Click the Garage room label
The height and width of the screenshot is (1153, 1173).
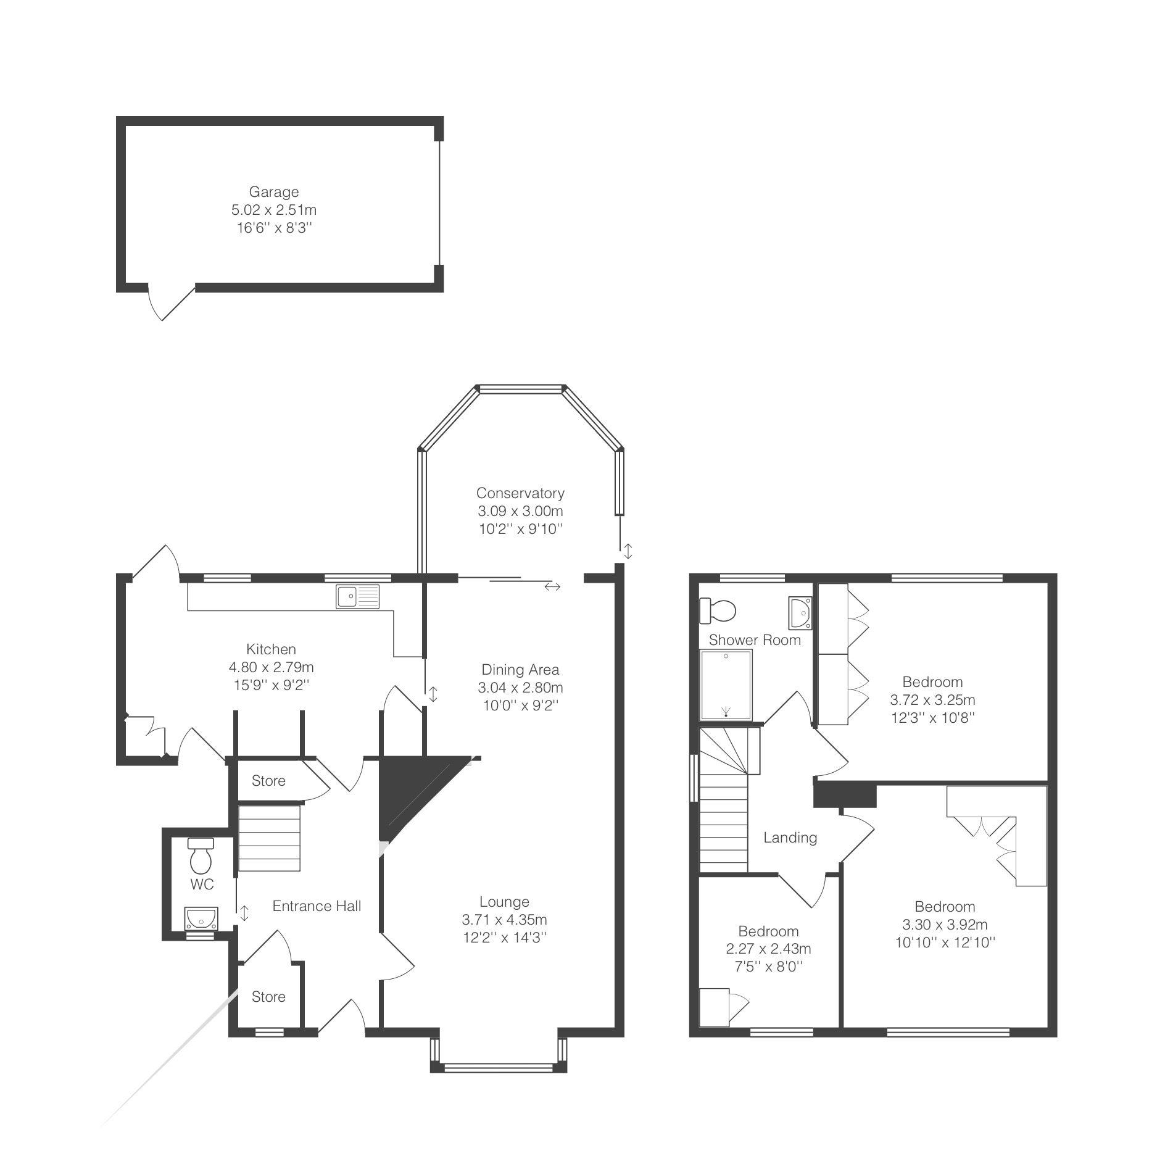pos(273,192)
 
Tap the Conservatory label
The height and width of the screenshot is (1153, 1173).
pos(520,493)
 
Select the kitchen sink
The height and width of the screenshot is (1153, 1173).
pos(359,596)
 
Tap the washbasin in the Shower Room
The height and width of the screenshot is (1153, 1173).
pos(800,612)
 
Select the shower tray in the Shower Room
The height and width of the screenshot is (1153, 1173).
pos(726,685)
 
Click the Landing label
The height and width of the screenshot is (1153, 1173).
pos(790,838)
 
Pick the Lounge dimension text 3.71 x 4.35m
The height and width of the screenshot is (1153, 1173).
pos(504,920)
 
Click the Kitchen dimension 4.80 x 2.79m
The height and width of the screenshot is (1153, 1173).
pos(271,667)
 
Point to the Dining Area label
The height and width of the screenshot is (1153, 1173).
pos(520,670)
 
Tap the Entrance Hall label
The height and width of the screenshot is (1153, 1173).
pos(317,906)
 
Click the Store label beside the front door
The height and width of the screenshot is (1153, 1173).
pos(268,997)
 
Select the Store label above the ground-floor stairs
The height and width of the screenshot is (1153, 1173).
pos(268,781)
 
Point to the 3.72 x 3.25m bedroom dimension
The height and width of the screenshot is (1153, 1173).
pos(932,700)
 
